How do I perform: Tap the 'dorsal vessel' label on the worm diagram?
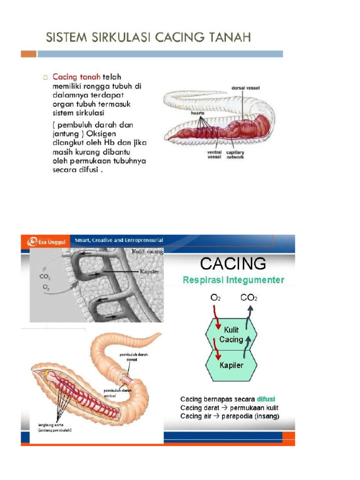[246, 88]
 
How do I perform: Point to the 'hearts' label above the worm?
[197, 113]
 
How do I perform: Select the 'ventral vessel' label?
[215, 155]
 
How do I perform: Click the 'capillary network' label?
[235, 155]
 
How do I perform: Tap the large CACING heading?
[233, 264]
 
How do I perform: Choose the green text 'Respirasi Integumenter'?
[233, 280]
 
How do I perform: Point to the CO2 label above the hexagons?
[249, 297]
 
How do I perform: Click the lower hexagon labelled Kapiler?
[232, 365]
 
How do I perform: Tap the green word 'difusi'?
[266, 399]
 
